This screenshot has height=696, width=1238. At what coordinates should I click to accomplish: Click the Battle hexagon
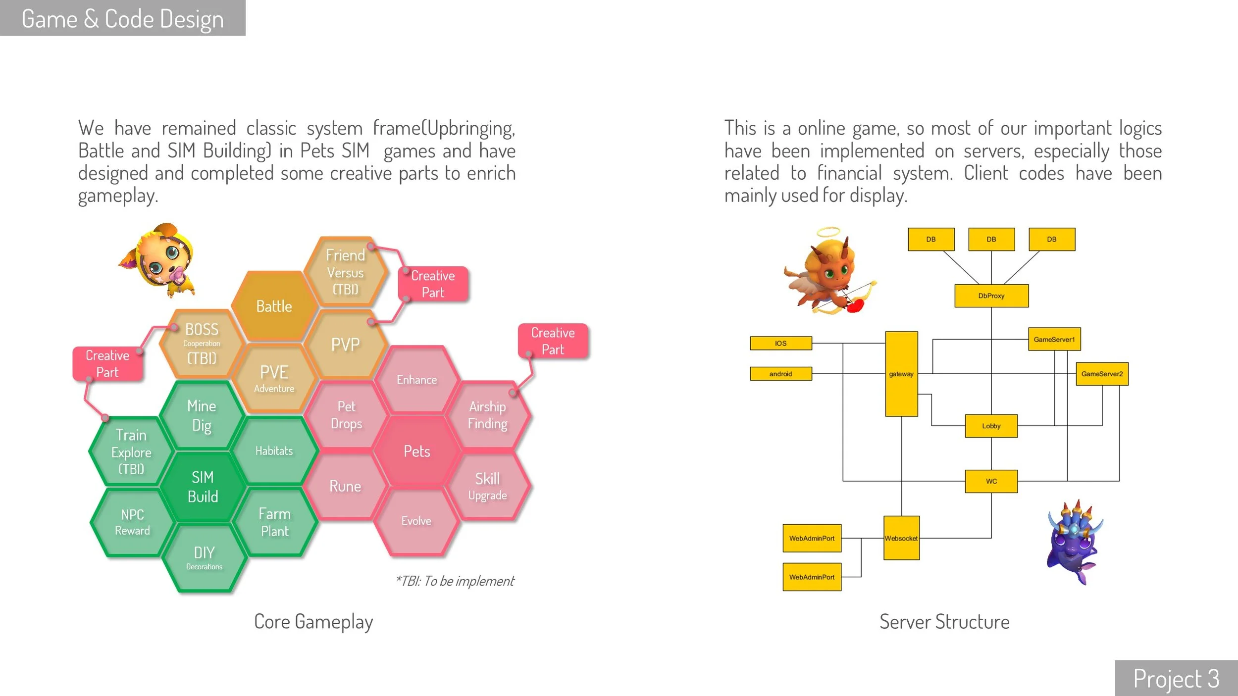tap(274, 306)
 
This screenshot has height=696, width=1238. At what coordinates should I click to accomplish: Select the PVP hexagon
tap(345, 345)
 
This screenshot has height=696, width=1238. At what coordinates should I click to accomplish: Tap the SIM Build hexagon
tap(203, 487)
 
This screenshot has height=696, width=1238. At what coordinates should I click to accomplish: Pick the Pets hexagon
tap(416, 451)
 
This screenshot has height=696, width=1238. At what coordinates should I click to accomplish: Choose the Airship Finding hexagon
tap(488, 415)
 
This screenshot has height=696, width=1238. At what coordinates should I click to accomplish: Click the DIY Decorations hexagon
tap(204, 557)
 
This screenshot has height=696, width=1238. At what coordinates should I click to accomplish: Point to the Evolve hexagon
tap(416, 521)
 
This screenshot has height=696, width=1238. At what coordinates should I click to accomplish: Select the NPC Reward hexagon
tap(132, 522)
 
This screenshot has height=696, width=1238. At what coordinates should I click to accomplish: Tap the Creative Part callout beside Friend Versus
tap(433, 284)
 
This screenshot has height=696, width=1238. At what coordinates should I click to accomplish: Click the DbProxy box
tap(991, 296)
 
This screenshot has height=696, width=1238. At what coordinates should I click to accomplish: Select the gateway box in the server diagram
tap(901, 374)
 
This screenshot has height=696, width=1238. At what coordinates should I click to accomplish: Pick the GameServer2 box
tap(1102, 374)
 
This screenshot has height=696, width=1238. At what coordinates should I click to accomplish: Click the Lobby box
tap(991, 426)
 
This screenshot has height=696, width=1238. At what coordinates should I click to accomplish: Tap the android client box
tap(780, 374)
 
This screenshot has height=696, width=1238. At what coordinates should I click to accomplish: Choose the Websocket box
tap(901, 538)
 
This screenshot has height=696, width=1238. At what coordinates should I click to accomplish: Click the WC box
tap(991, 481)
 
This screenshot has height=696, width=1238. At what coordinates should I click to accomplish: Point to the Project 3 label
tap(1176, 678)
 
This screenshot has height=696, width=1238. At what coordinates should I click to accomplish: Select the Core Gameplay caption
tap(313, 622)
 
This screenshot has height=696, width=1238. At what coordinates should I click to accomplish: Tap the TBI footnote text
tap(455, 581)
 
